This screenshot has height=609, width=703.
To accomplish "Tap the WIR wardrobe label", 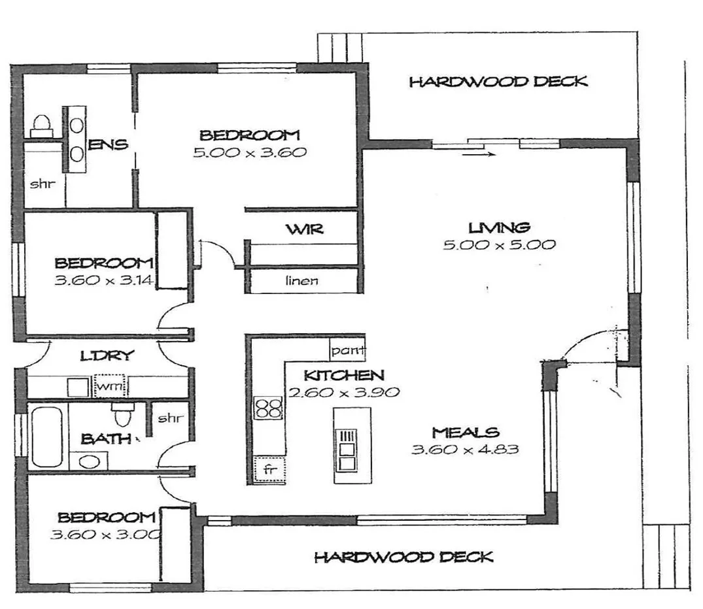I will click(x=304, y=230).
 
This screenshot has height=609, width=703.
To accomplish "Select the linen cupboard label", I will click(x=301, y=281).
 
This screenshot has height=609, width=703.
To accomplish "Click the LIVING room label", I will click(x=499, y=227).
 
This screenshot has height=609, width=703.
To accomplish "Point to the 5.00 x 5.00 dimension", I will click(x=499, y=245).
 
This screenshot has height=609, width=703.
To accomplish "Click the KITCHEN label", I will click(x=343, y=376).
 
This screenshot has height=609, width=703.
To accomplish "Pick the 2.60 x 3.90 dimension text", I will click(x=343, y=393).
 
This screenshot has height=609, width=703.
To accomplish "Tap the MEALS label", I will click(x=465, y=433).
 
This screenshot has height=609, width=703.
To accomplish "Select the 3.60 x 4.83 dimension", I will click(x=465, y=450).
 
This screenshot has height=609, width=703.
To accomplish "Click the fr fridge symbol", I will click(x=268, y=469).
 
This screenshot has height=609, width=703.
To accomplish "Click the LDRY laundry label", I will click(x=107, y=356).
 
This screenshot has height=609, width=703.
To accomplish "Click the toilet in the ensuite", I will click(x=43, y=123).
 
